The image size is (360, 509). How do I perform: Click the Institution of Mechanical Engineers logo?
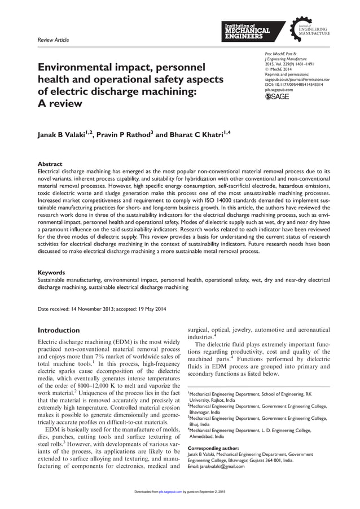[247, 32]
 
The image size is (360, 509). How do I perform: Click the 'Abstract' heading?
[50, 164]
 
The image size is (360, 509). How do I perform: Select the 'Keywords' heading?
[52, 272]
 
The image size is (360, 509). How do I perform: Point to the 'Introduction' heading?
[58, 330]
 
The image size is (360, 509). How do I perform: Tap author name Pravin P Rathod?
[124, 135]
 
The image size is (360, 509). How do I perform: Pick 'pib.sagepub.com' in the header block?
[279, 89]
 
